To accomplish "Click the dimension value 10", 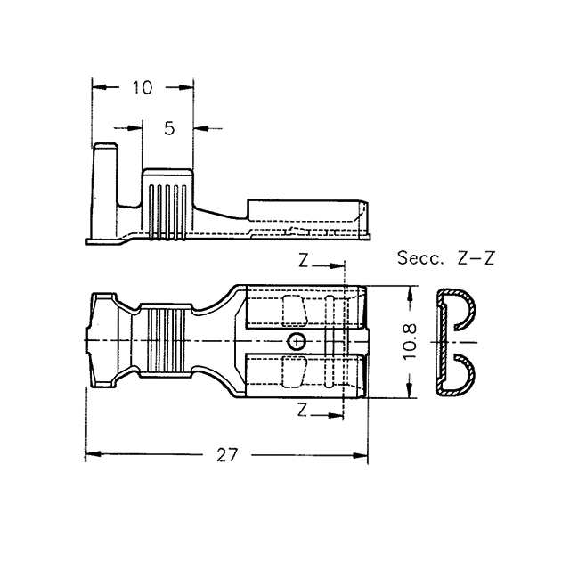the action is (142, 87).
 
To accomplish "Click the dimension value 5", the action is (169, 128).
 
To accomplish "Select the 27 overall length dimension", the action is (227, 455).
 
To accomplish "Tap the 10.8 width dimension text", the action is (410, 341).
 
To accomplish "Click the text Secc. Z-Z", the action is (446, 258).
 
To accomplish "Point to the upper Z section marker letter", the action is (303, 260).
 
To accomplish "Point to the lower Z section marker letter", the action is (302, 410).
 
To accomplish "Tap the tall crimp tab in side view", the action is (105, 190).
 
